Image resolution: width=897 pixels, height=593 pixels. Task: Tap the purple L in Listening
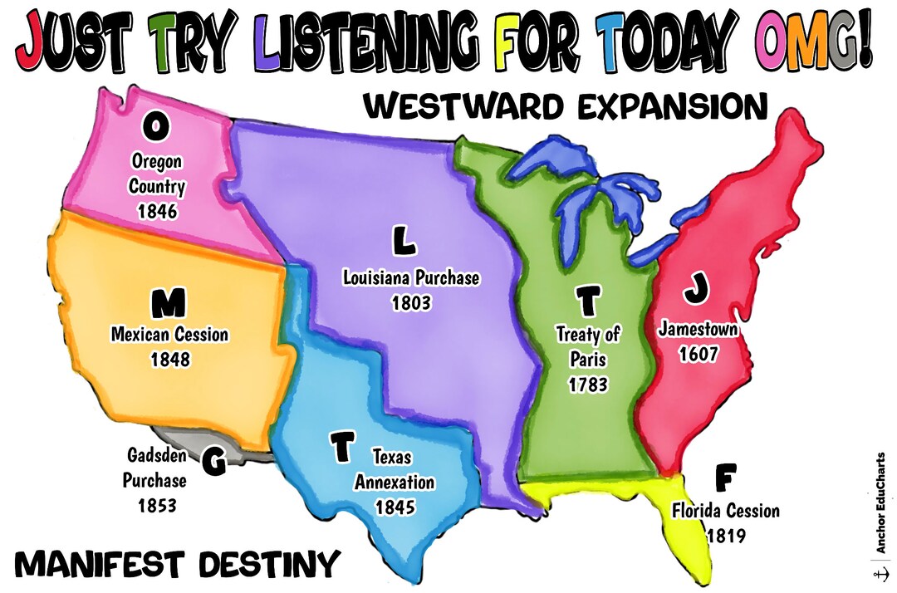pyautogui.click(x=269, y=42)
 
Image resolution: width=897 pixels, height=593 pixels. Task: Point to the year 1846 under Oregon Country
pyautogui.click(x=158, y=211)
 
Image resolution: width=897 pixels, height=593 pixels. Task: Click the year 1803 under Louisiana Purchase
pyautogui.click(x=411, y=302)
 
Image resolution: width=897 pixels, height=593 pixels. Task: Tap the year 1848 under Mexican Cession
pyautogui.click(x=170, y=360)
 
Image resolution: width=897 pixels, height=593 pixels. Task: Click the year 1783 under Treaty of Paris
pyautogui.click(x=588, y=385)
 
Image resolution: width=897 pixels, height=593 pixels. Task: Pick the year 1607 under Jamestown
pyautogui.click(x=698, y=354)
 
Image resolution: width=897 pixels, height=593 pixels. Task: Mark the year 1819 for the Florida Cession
pyautogui.click(x=727, y=536)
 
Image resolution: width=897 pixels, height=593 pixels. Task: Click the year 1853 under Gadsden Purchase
pyautogui.click(x=156, y=504)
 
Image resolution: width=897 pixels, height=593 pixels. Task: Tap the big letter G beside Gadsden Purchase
pyautogui.click(x=213, y=463)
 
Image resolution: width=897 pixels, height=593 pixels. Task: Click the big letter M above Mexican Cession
pyautogui.click(x=169, y=305)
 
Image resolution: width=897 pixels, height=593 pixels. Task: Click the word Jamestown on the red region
pyautogui.click(x=698, y=329)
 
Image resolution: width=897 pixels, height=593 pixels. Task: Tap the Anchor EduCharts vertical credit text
pyautogui.click(x=880, y=502)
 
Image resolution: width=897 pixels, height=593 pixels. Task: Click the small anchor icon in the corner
pyautogui.click(x=880, y=574)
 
